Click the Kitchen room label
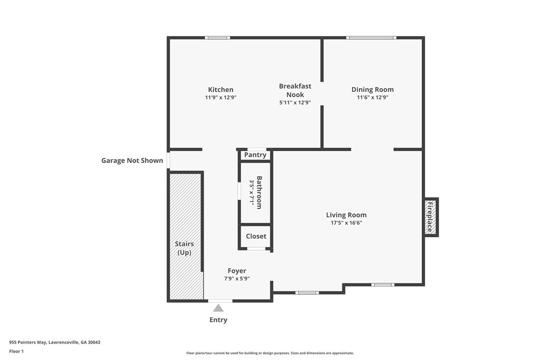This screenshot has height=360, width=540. coord(220,90)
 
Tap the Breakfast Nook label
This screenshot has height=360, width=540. coord(295,90)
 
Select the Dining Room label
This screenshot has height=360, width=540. coord(372,90)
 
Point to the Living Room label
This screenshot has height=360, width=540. coord(346,215)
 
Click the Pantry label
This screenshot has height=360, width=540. coord(255,155)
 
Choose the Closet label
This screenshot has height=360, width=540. coord(256,236)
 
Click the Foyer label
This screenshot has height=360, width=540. coord(237,271)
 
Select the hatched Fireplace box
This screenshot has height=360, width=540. coord(431,217)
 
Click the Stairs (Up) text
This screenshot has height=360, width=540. coord(184,248)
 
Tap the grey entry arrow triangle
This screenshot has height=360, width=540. coord(218,308)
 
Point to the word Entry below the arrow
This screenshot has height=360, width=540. coord(218,320)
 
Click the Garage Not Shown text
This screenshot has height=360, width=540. coord(132,161)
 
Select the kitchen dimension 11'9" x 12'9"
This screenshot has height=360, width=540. coord(221,97)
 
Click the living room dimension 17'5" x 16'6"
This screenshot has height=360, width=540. coord(346,223)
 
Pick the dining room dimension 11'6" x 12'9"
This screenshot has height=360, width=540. coord(372,97)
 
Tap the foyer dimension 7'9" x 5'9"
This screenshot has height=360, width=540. coord(237,278)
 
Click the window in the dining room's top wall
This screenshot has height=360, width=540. coord(371,38)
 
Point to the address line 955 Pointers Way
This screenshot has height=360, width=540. coord(55,343)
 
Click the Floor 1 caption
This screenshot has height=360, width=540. coord(16,352)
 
